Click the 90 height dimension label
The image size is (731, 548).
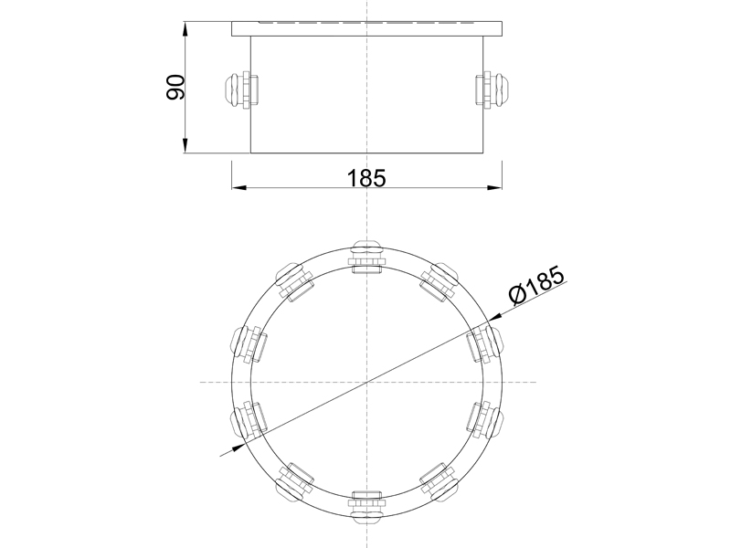tap(175, 87)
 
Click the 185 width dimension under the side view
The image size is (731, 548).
tap(366, 178)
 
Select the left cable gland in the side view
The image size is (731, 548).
tap(241, 90)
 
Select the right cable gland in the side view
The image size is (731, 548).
tap(493, 90)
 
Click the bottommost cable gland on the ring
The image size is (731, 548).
tap(367, 508)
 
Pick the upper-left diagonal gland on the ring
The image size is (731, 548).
tap(294, 281)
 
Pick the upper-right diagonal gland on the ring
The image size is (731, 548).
tap(440, 281)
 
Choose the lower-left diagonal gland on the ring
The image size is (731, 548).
tap(294, 482)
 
